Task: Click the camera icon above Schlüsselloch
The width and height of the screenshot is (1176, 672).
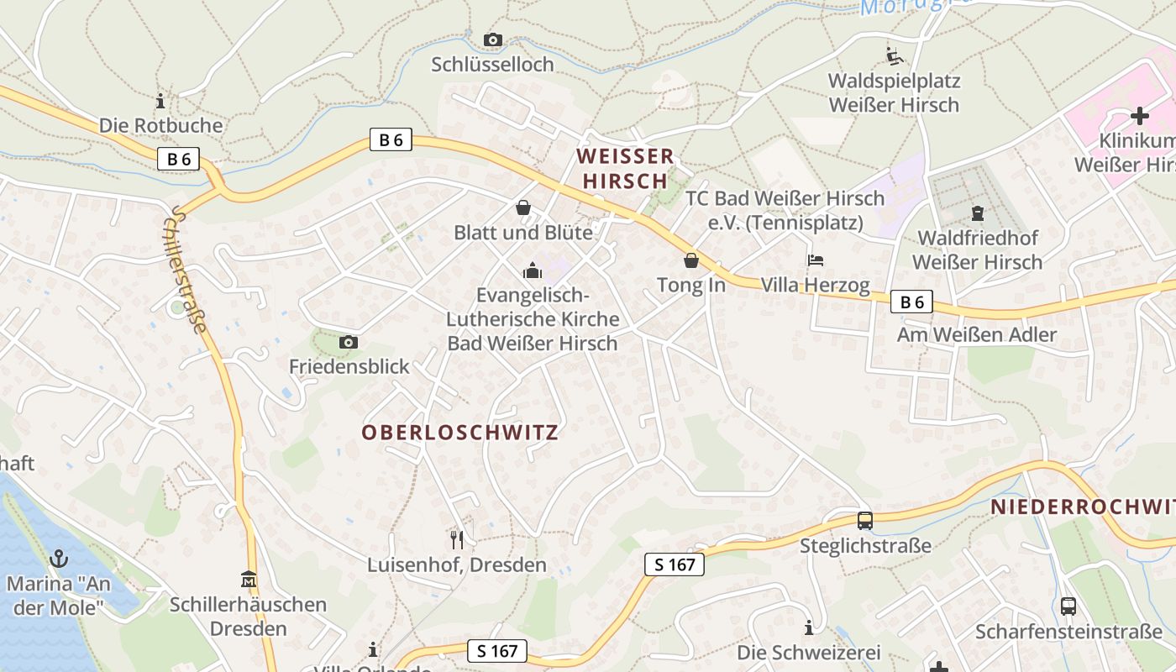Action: [493, 39]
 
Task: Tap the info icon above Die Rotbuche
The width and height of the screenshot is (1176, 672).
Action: [160, 102]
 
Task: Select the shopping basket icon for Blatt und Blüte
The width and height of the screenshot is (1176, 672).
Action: [523, 207]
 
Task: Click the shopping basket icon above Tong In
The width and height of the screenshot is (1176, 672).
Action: [690, 260]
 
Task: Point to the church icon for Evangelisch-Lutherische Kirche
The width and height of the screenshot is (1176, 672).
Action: [532, 270]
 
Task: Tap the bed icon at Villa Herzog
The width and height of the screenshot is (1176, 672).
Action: [816, 260]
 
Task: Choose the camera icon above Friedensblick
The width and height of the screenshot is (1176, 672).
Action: [349, 342]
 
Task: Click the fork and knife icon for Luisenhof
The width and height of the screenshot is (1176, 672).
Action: [457, 539]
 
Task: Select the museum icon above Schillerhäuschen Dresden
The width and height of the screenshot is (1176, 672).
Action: [248, 580]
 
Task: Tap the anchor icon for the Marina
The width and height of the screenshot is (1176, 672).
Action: [59, 558]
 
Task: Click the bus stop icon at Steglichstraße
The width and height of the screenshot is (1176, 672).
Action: [865, 521]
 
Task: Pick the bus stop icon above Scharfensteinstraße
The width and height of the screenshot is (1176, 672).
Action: [1068, 606]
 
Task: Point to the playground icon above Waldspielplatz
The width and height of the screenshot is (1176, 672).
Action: [895, 56]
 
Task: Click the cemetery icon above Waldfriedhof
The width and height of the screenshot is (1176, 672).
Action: [977, 213]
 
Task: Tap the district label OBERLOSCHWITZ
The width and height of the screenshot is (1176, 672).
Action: [459, 433]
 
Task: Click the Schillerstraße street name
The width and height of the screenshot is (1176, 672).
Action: [189, 269]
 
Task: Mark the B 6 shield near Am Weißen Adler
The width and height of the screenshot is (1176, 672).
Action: [911, 302]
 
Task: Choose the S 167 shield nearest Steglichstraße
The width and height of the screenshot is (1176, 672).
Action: [675, 564]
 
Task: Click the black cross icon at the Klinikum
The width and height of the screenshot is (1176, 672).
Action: [1139, 116]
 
